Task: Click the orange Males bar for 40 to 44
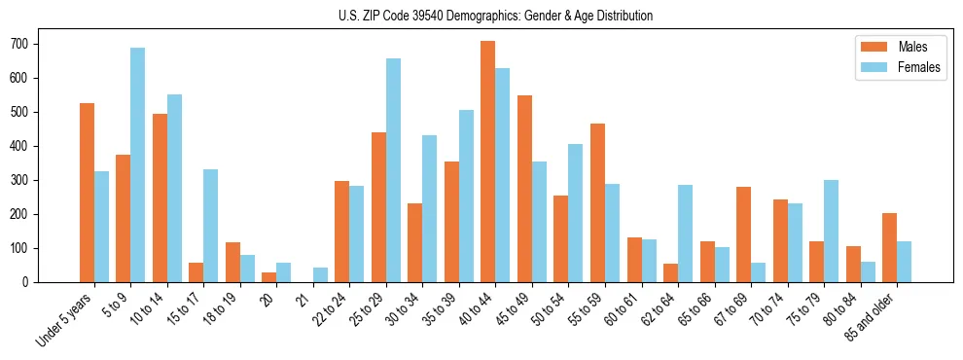(x=487, y=162)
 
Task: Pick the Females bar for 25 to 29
(x=393, y=170)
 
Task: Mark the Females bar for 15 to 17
(x=210, y=226)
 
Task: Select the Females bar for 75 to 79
(x=831, y=231)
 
